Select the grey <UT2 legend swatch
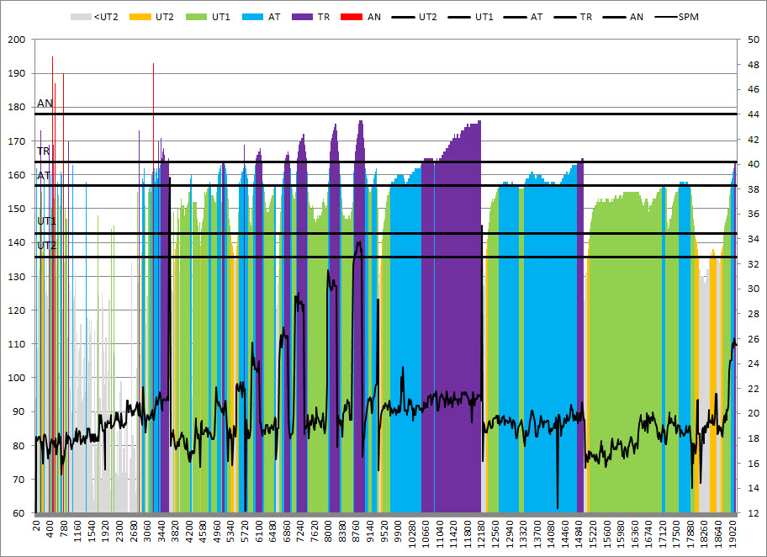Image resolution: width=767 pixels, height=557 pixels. [81, 16]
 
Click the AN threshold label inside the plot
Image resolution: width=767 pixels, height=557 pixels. [45, 103]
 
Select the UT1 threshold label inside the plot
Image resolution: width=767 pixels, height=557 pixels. [46, 221]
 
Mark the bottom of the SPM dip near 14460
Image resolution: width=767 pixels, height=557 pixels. [558, 507]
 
